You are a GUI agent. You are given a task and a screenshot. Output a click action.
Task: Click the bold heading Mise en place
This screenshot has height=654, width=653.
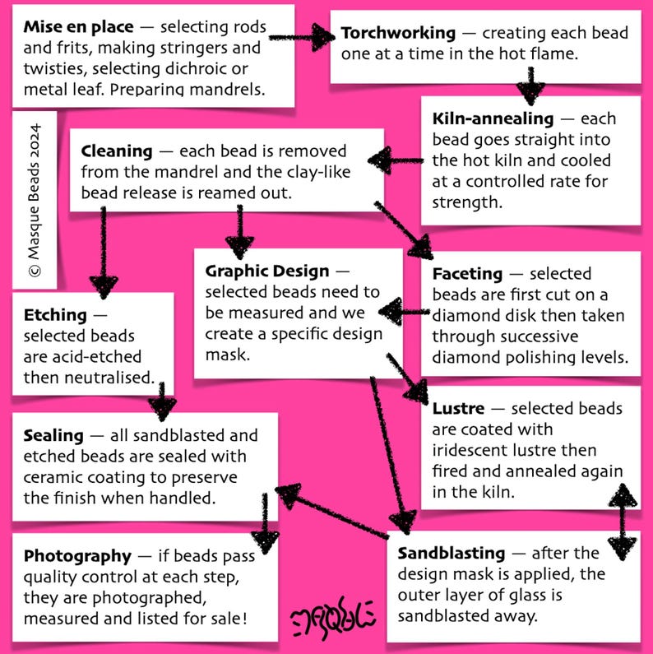click(x=78, y=26)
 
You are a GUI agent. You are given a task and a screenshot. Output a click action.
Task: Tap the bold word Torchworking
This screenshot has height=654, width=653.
click(x=398, y=34)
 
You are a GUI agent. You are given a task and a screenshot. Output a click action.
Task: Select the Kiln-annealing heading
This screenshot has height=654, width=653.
click(x=493, y=118)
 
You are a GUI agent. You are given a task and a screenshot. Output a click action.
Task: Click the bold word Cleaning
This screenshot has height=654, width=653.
click(x=116, y=151)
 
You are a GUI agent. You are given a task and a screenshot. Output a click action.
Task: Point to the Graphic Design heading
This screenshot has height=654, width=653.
click(x=266, y=271)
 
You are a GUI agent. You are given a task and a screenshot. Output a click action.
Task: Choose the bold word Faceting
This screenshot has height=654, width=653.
click(x=467, y=274)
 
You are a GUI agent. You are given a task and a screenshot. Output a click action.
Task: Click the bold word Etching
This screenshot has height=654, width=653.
click(x=55, y=315)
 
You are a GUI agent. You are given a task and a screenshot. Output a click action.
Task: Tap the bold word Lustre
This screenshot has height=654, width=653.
click(x=458, y=408)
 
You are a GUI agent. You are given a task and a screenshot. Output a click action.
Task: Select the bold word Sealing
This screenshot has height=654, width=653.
click(x=53, y=436)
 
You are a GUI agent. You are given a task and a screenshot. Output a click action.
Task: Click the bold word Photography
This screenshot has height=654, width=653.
click(x=77, y=556)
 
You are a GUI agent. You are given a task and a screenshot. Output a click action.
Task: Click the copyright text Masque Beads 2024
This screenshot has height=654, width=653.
click(x=35, y=200)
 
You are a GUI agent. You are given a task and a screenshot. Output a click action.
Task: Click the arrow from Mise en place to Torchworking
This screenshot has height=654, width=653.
click(x=302, y=38)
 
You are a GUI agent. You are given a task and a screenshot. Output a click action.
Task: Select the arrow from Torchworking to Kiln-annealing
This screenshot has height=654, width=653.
click(x=530, y=86)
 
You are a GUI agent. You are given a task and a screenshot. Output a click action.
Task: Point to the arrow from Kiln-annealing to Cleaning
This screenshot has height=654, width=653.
click(x=396, y=160)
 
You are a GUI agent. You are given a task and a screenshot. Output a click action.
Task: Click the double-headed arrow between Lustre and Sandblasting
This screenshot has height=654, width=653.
click(x=622, y=522)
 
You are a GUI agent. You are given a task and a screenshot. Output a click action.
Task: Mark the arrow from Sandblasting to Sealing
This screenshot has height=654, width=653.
click(x=332, y=511)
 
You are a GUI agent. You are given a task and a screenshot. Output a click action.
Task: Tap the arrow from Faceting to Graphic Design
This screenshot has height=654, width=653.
click(x=404, y=312)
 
